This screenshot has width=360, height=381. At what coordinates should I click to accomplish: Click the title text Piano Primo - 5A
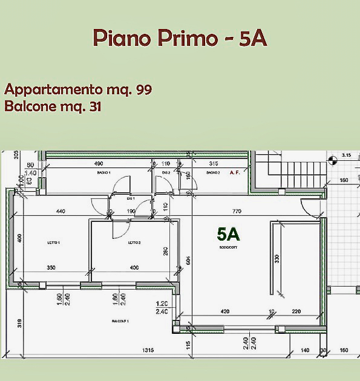click(x=180, y=37)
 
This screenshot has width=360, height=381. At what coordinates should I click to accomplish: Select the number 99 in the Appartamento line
click(x=143, y=90)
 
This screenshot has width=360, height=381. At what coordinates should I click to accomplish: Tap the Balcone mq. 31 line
click(x=53, y=107)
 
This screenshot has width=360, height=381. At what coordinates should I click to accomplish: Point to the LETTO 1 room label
click(x=54, y=243)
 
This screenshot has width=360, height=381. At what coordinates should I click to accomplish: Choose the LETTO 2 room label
click(x=134, y=243)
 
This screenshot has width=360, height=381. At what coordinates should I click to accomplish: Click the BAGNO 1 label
click(x=104, y=173)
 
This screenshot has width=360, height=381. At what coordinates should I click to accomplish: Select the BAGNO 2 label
click(x=212, y=173)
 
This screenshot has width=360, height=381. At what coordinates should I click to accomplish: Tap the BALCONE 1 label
click(x=119, y=321)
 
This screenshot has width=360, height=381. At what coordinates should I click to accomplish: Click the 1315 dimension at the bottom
click(x=147, y=350)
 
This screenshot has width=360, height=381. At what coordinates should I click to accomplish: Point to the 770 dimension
click(x=237, y=212)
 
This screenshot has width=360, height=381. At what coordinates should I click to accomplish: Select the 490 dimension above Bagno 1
click(x=98, y=163)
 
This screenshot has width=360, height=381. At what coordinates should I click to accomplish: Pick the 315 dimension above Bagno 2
click(x=213, y=163)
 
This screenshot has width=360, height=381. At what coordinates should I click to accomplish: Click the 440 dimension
click(x=61, y=212)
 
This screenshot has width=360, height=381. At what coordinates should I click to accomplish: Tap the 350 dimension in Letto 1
click(x=51, y=268)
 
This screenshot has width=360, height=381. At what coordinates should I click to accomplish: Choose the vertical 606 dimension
click(x=189, y=260)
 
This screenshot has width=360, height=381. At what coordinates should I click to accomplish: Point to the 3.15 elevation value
click(x=346, y=155)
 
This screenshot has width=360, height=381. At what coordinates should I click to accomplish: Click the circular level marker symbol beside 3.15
click(x=332, y=160)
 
